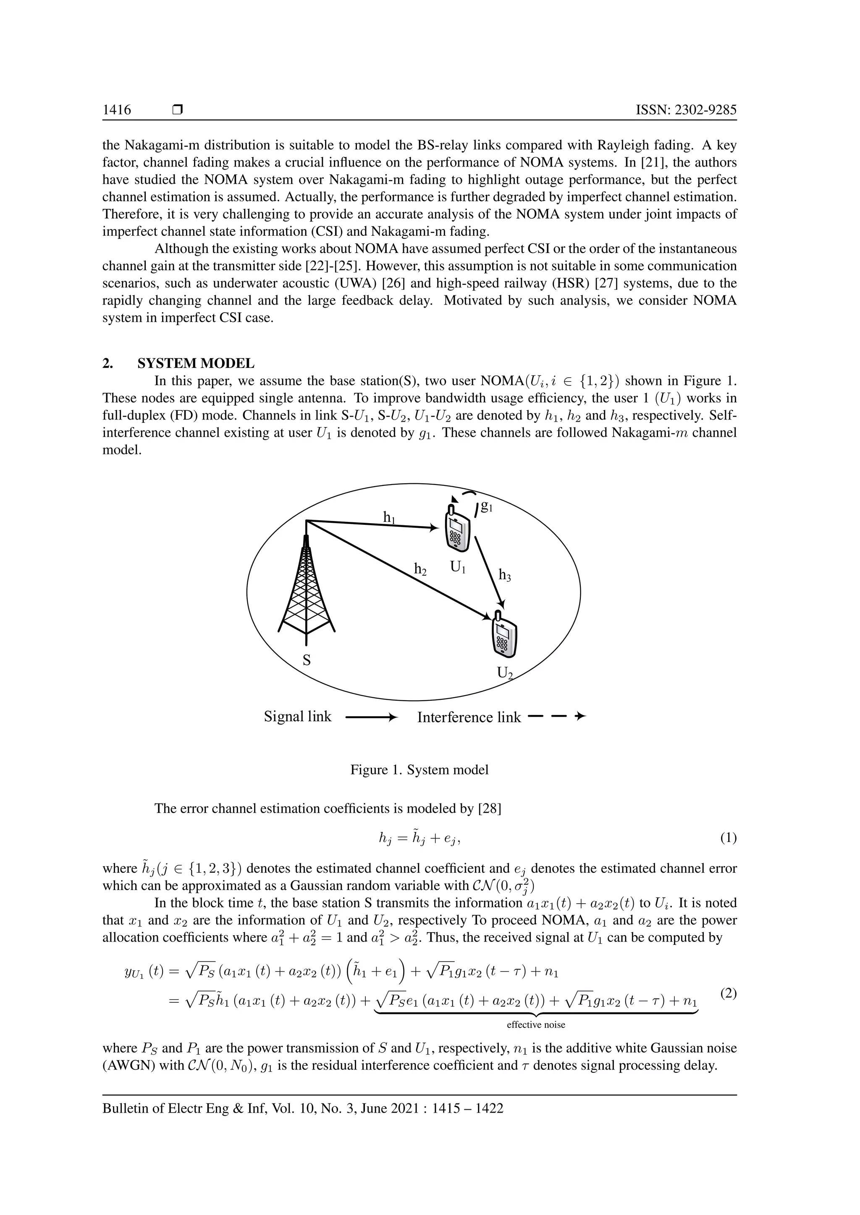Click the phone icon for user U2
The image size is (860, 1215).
[x=505, y=636]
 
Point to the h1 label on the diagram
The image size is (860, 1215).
[x=389, y=517]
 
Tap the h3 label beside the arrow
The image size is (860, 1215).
[x=505, y=575]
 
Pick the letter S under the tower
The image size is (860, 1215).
[x=306, y=660]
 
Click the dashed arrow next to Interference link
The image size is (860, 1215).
[x=557, y=717]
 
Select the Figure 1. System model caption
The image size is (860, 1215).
[x=420, y=770]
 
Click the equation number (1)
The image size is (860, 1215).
[x=728, y=838]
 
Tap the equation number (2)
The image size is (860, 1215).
[x=728, y=994]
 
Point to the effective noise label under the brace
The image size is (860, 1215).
[x=536, y=1025]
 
